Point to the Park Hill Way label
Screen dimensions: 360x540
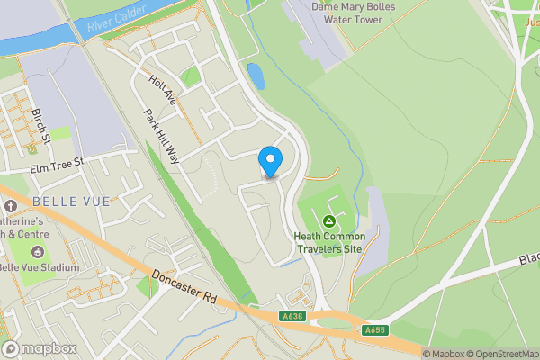tap(162, 137)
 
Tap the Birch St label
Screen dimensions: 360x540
tap(39, 126)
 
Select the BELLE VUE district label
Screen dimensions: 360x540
tap(70, 202)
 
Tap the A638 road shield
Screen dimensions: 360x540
tap(292, 316)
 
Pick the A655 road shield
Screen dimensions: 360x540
tap(375, 330)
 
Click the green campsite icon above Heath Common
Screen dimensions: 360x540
tap(329, 220)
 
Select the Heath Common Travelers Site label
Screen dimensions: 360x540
tap(329, 243)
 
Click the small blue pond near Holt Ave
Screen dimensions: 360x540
tap(256, 76)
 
